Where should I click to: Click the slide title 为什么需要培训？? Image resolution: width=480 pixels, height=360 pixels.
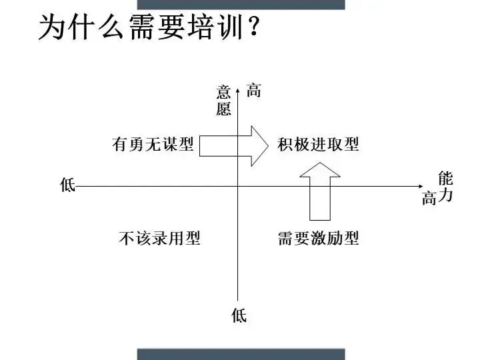pos(148,28)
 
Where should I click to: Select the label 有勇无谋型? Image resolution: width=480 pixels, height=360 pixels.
pos(153,144)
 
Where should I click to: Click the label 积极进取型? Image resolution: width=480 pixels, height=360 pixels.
pos(318,144)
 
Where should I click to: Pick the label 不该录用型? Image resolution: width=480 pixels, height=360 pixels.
pos(159,238)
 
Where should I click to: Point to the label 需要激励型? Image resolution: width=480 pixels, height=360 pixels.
pos(318,238)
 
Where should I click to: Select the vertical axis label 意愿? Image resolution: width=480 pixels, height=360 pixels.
pos(223,101)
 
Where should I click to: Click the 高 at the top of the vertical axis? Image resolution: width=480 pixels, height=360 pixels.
pos(254,91)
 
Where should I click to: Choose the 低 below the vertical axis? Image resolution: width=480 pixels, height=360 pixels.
pos(239,315)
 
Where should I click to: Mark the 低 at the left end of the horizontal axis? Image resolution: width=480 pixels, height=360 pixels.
pos(67,185)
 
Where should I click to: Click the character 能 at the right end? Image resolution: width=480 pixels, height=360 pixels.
pos(445,178)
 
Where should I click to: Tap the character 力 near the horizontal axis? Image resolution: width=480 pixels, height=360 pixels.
pos(445,197)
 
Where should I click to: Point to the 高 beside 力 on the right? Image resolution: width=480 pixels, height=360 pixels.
pos(429,198)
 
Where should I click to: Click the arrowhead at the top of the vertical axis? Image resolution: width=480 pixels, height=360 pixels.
pos(238,85)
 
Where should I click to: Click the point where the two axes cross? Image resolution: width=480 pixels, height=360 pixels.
pos(238,187)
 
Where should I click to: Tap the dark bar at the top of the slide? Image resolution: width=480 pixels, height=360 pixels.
pos(241,4)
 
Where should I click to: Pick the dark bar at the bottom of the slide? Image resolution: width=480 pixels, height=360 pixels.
pos(241,354)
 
